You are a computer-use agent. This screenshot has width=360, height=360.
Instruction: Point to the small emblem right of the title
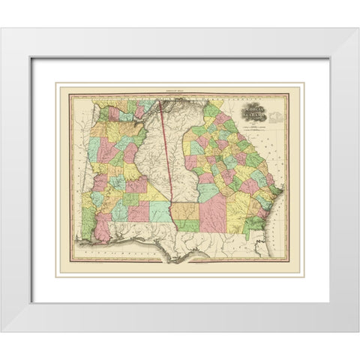[x=279, y=114]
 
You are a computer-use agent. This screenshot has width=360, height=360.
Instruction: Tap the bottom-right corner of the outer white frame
[x=355, y=330]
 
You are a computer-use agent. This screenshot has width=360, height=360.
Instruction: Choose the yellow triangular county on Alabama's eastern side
[x=157, y=193]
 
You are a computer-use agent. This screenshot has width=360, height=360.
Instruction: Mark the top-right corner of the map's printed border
[x=289, y=94]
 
